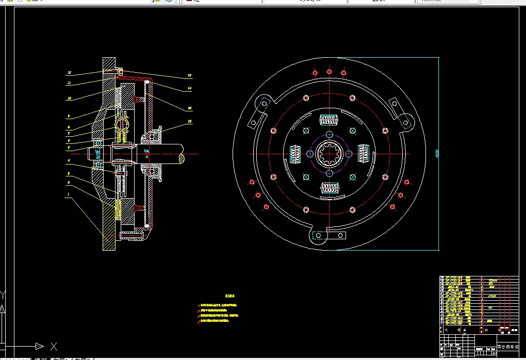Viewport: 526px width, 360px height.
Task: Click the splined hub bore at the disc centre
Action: point(329,154)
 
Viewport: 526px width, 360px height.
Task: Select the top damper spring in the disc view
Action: point(329,120)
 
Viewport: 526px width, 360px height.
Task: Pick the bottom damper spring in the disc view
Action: point(329,188)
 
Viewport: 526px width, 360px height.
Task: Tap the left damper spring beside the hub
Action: point(295,154)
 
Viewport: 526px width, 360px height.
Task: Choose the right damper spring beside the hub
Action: point(363,154)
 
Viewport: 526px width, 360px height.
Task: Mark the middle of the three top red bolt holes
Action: point(329,72)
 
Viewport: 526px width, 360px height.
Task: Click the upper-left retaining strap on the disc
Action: point(259,111)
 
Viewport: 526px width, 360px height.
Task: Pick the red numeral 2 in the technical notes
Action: point(199,310)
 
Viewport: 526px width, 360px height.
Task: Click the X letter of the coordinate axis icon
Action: point(53,346)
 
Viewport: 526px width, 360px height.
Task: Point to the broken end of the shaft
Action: point(183,154)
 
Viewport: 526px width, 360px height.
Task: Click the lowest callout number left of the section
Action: point(68,195)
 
